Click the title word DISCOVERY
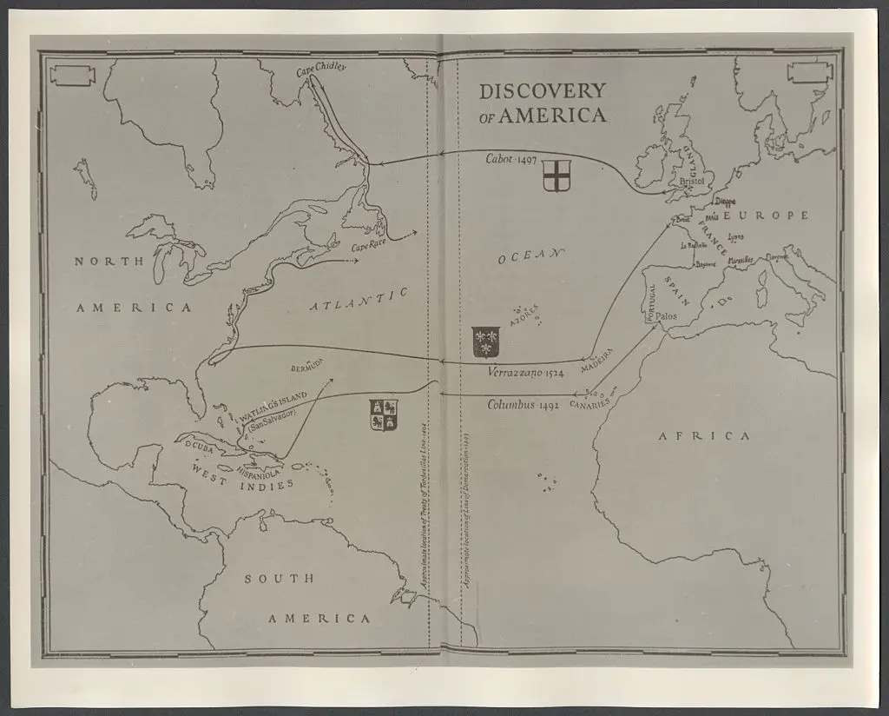[x=543, y=91]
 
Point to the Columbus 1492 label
[x=523, y=404]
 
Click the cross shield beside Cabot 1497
[x=556, y=175]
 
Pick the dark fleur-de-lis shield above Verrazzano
[x=485, y=341]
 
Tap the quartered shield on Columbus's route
[x=383, y=414]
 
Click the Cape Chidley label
[x=321, y=67]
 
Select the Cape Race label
[x=369, y=247]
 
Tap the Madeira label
[x=598, y=357]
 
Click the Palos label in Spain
[x=666, y=317]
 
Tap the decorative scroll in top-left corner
[x=72, y=75]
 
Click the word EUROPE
[x=766, y=215]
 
